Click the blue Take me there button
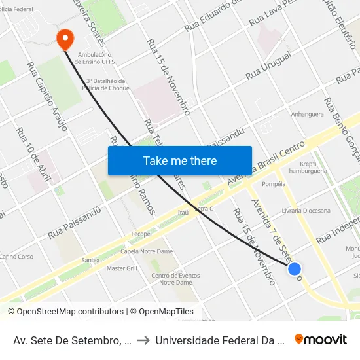[180, 160]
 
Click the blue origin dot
[295, 268]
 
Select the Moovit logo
[321, 339]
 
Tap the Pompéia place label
[274, 184]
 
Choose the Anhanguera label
[308, 114]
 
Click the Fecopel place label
[141, 234]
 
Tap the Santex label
[90, 260]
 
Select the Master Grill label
[121, 268]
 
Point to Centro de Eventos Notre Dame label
[175, 278]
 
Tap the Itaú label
[183, 213]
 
